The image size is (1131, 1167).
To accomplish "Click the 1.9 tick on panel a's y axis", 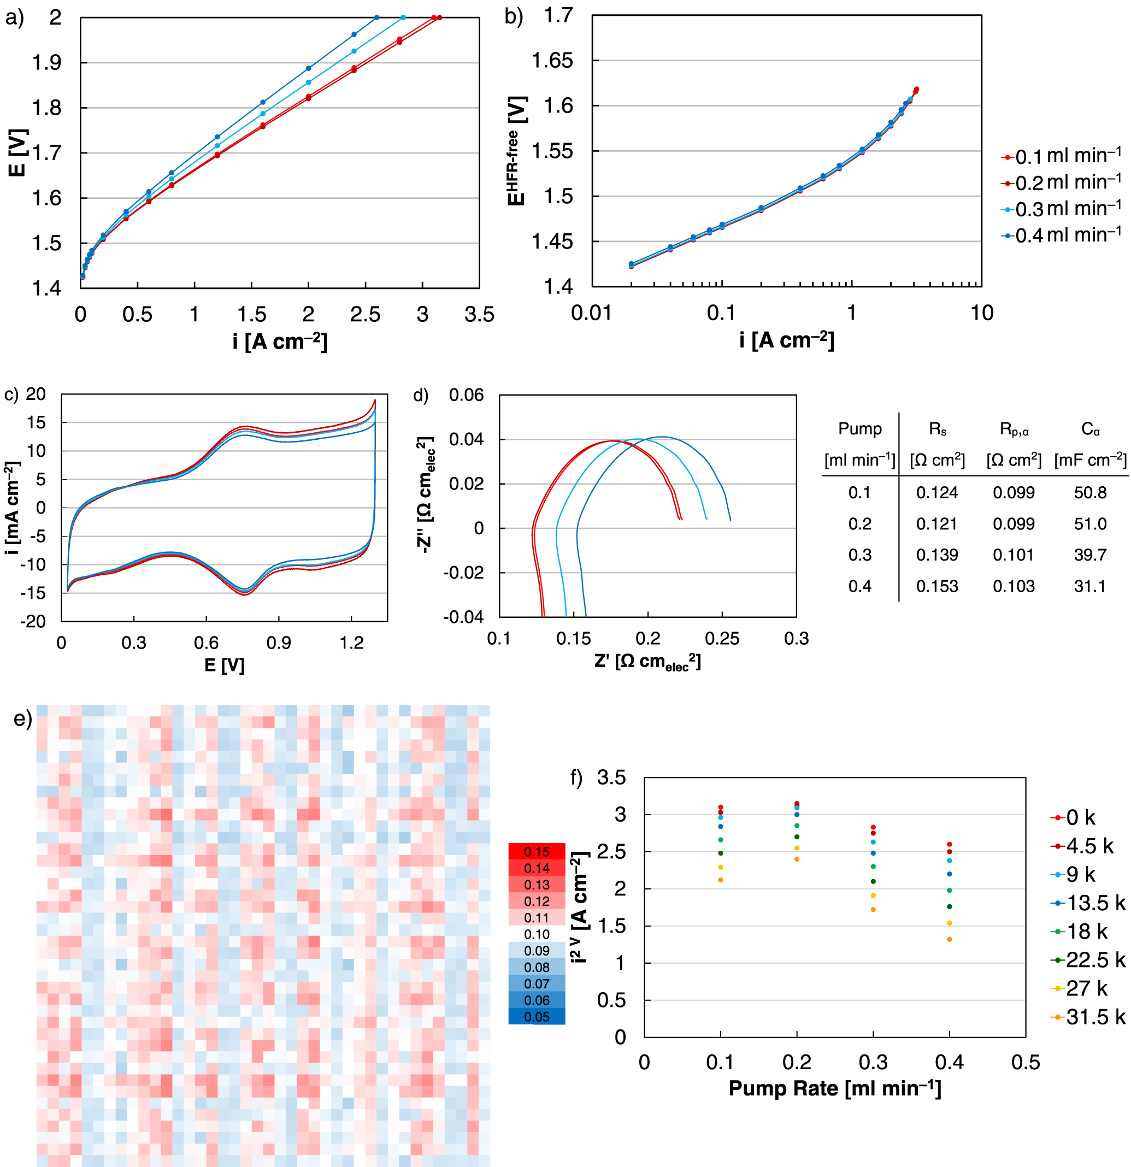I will coord(47,62).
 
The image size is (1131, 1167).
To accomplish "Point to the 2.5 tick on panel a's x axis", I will coord(364,314).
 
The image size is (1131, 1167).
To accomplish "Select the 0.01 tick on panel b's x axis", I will coord(591,313).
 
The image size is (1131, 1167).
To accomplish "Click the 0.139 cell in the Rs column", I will coord(936,555).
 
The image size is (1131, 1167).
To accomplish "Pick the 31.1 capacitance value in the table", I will coord(1089,586).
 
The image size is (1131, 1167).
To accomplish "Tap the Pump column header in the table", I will coord(859,429).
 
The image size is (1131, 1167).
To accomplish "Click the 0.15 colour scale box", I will coord(536,851).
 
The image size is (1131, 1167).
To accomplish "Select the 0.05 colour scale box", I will coord(536,1017).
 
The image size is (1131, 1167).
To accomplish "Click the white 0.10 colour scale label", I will coord(536,934).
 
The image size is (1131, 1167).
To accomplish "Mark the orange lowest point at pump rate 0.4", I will coord(949,940).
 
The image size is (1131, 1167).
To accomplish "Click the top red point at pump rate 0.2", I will coord(796,804).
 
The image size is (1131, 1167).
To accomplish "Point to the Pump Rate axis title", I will coord(834,1088).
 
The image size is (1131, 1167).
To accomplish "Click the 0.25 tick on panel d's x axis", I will coord(722,639).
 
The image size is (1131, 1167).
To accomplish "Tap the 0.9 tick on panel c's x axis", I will coord(278,643).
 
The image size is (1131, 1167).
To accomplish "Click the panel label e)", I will coord(22,718).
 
